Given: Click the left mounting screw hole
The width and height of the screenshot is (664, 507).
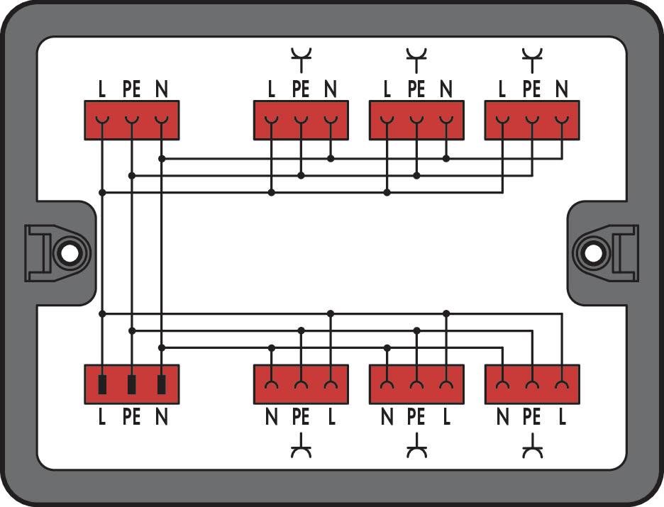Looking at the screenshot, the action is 69,254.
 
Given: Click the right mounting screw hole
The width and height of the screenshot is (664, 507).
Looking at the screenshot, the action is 593,252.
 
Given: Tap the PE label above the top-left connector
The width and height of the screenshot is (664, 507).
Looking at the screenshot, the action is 132,89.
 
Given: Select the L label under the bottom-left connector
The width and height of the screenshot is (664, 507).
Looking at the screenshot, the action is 101,417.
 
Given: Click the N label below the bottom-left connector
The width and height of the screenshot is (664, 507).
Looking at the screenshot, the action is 161,417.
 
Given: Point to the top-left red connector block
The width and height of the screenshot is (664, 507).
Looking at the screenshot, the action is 132,120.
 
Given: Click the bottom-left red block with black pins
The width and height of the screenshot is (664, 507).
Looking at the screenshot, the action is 132,384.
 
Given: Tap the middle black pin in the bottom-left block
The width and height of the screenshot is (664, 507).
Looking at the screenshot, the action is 132,384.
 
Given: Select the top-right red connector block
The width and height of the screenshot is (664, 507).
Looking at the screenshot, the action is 532,120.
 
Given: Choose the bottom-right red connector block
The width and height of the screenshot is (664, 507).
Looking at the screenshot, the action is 532,384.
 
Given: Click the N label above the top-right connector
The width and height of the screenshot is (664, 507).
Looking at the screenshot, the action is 562,89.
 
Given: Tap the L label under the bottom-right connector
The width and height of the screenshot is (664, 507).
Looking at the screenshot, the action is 562,417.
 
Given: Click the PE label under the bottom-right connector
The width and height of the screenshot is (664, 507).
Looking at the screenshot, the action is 532,417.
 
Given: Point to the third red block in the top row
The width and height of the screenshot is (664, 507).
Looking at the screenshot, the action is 416,120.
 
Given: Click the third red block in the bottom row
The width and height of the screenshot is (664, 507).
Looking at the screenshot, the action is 416,384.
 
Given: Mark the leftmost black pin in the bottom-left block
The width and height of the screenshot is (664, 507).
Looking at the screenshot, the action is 102,384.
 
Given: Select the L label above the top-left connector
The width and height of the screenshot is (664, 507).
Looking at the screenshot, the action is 101,89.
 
